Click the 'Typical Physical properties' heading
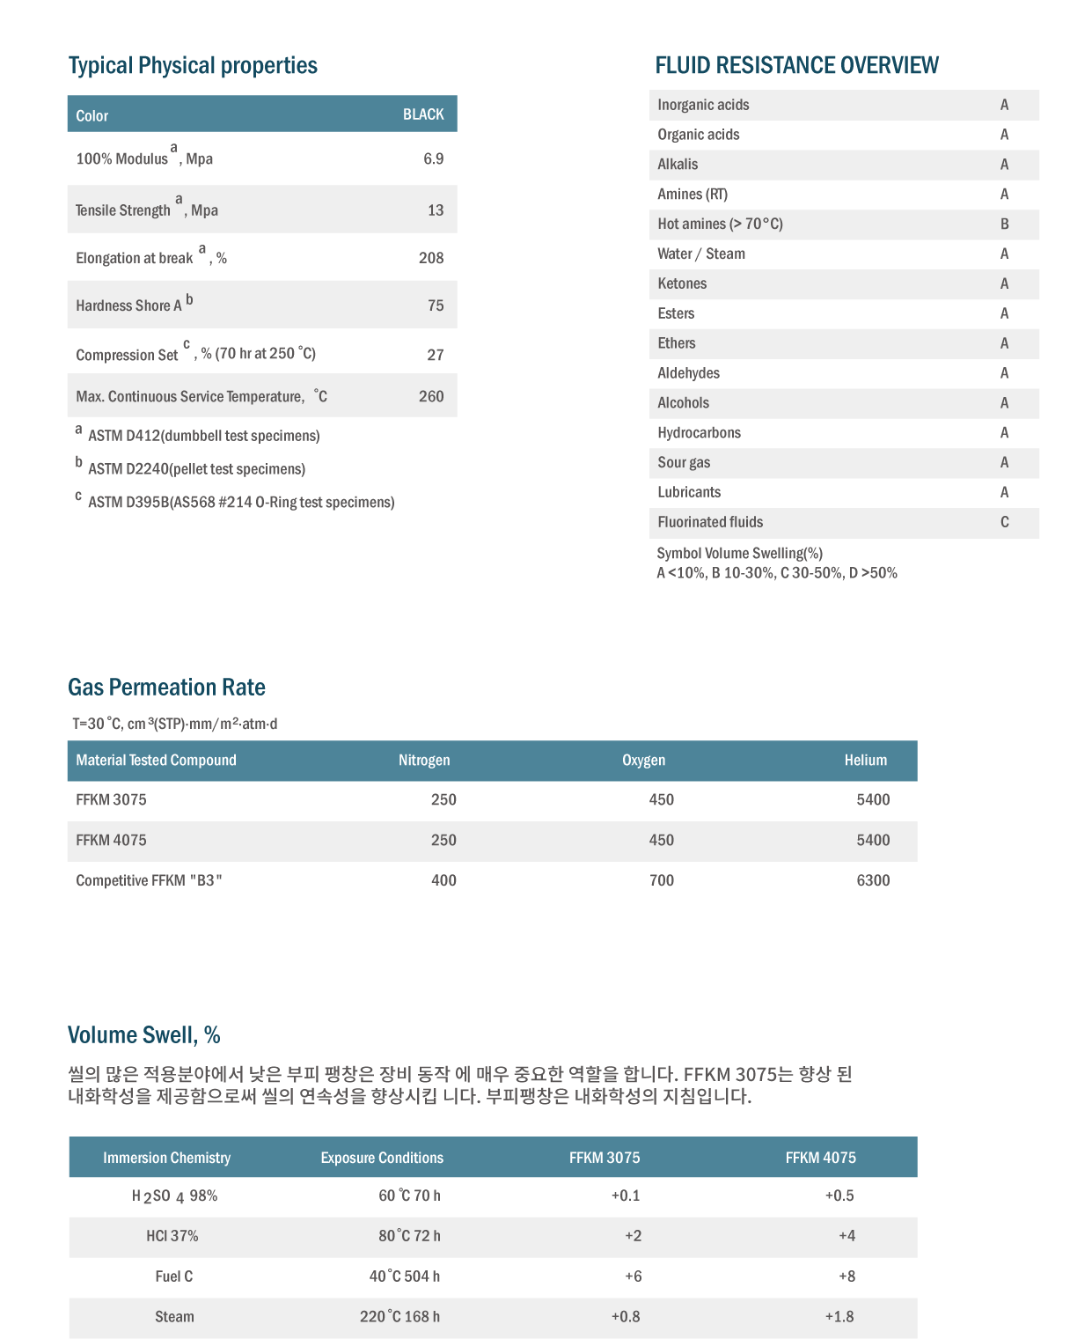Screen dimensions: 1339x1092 (193, 66)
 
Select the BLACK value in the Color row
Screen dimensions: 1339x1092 (423, 114)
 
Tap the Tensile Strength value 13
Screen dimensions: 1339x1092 (436, 210)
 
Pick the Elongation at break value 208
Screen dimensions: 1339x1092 (431, 258)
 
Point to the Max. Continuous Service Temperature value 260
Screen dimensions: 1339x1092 (431, 396)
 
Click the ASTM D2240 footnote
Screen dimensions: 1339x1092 (196, 469)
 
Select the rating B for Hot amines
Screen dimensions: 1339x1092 (1004, 224)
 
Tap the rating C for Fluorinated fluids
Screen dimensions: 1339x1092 (1004, 522)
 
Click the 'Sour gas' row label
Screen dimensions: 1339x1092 (684, 462)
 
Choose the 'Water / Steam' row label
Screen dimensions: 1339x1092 (701, 254)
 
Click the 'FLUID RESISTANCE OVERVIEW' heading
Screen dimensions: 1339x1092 (796, 66)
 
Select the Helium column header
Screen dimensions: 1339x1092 (866, 760)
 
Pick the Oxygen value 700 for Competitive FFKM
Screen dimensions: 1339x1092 (662, 880)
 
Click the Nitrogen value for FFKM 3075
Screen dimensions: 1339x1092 (443, 799)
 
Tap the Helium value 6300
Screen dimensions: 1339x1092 (873, 880)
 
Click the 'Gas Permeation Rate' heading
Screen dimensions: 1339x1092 (166, 688)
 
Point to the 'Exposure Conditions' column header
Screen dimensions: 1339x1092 (382, 1158)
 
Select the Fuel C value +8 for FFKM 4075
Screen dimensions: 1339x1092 (846, 1276)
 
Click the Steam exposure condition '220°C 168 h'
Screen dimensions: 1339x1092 (400, 1317)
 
